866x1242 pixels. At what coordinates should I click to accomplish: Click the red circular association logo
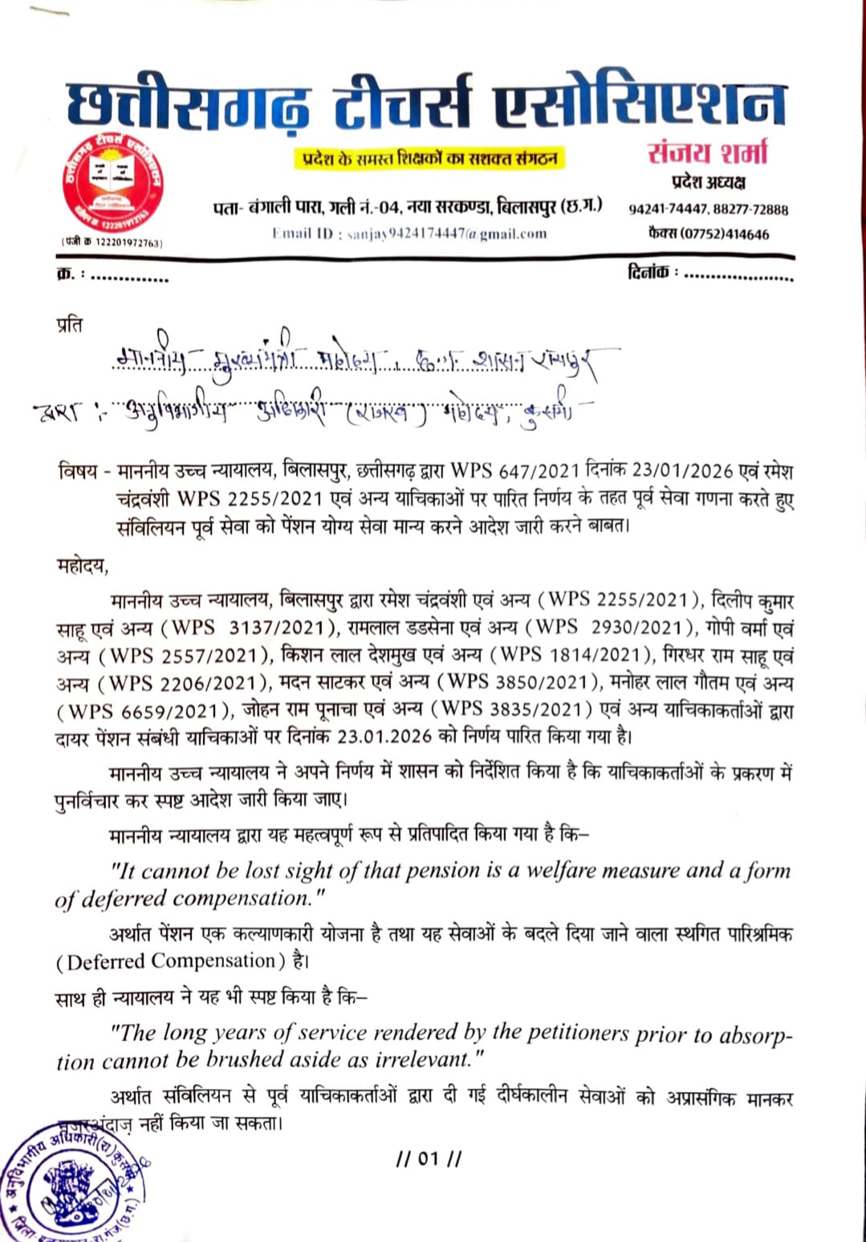coord(112,182)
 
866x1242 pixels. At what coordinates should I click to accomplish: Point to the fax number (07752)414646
coord(709,234)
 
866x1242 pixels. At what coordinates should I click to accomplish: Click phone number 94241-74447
coord(668,209)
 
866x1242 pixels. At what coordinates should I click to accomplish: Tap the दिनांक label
coord(648,273)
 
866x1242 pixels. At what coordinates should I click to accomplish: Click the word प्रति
coord(70,325)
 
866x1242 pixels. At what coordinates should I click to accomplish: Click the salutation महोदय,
coord(82,567)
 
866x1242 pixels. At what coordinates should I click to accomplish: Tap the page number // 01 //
coord(429,1159)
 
